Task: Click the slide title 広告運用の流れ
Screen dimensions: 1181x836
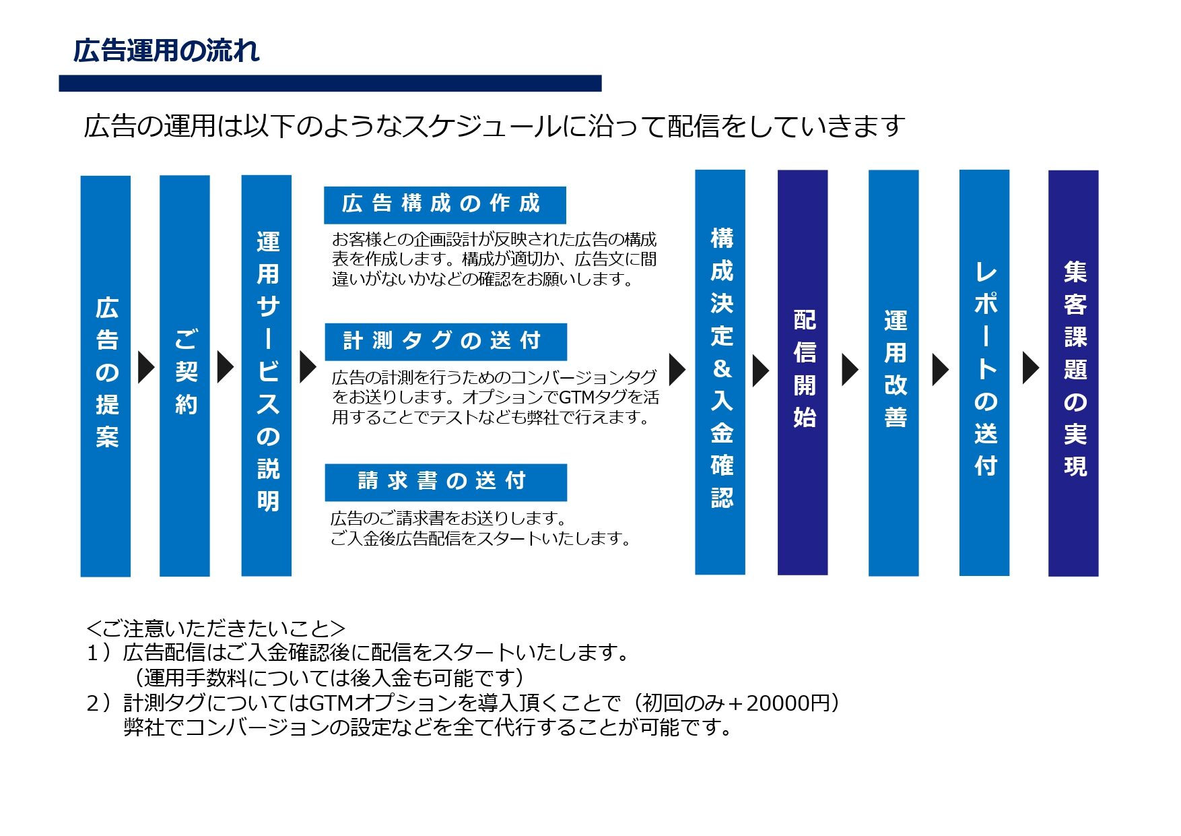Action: pyautogui.click(x=166, y=51)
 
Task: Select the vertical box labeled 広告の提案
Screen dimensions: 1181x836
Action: pyautogui.click(x=106, y=376)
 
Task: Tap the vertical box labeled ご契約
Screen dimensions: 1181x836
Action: pyautogui.click(x=184, y=376)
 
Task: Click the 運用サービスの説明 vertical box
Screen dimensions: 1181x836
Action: pyautogui.click(x=267, y=375)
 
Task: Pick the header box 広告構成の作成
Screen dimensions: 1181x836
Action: pyautogui.click(x=445, y=205)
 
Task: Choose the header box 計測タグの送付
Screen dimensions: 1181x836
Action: pyautogui.click(x=446, y=342)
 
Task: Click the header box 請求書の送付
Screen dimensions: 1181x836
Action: pyautogui.click(x=446, y=482)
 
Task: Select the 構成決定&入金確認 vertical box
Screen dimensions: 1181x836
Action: pyautogui.click(x=720, y=372)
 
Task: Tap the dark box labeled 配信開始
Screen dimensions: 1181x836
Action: pyautogui.click(x=803, y=373)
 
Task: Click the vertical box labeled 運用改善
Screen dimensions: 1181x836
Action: pyautogui.click(x=893, y=373)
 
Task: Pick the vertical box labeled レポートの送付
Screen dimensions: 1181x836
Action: pyautogui.click(x=984, y=373)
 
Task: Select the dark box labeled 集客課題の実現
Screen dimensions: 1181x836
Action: pyautogui.click(x=1073, y=373)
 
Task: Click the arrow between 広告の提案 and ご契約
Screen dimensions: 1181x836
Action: pyautogui.click(x=146, y=367)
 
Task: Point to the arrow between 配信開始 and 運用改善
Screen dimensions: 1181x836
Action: pyautogui.click(x=850, y=369)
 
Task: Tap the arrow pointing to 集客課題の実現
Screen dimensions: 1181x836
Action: pyautogui.click(x=1031, y=368)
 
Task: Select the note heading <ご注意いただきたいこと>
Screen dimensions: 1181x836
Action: pyautogui.click(x=215, y=629)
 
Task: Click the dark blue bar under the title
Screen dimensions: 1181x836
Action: pyautogui.click(x=330, y=83)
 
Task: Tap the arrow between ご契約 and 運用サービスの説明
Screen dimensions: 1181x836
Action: pyautogui.click(x=226, y=367)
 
